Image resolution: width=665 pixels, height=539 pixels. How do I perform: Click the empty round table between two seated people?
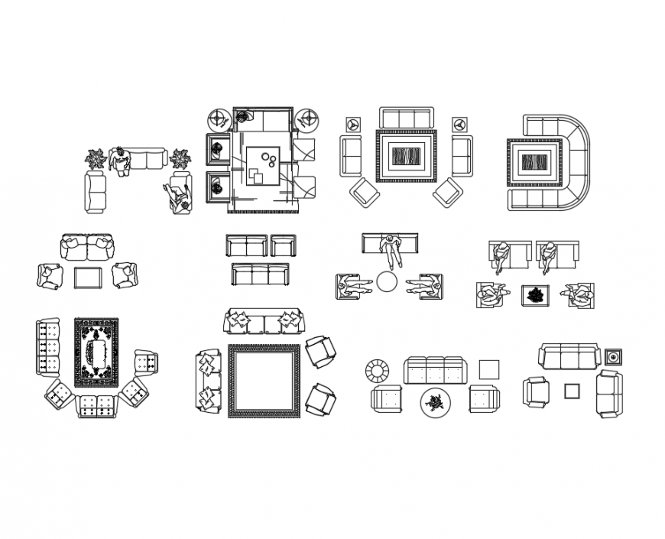tap(387, 282)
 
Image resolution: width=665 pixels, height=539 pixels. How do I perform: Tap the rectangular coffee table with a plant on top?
tap(535, 295)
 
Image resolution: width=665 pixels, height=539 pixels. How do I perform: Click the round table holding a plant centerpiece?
tap(436, 402)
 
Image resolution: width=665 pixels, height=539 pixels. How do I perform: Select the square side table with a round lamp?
tap(613, 357)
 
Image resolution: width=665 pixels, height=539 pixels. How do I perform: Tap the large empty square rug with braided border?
tap(264, 381)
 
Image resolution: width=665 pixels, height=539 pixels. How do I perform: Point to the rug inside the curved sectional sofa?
tap(534, 162)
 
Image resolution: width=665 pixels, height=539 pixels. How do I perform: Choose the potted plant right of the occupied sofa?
tap(181, 160)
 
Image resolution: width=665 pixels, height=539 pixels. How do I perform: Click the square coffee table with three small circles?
tap(264, 164)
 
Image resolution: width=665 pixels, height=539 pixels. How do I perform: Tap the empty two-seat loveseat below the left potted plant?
tap(96, 192)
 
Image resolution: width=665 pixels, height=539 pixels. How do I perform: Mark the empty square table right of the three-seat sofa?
tap(489, 369)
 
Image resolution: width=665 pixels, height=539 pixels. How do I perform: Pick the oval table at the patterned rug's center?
tap(97, 353)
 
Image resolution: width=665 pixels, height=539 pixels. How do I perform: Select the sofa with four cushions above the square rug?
tap(263, 321)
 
